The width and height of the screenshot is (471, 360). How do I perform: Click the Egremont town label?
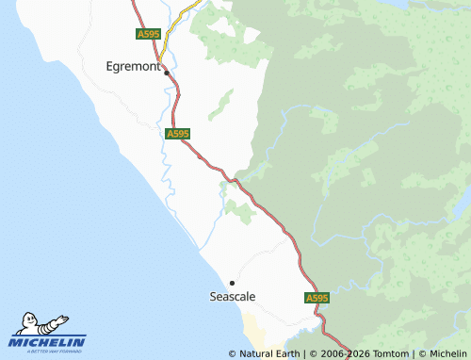[133, 67]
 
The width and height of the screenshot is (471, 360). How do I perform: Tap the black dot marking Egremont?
[167, 73]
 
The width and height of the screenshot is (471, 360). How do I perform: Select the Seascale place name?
[232, 296]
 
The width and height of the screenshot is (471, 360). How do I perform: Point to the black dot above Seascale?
[232, 283]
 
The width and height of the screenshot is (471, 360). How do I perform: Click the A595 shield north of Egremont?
[148, 34]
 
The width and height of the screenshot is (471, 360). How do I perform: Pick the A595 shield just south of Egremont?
[177, 134]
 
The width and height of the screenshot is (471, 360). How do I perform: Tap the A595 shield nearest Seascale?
[317, 298]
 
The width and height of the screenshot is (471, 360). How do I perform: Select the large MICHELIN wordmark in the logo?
[48, 342]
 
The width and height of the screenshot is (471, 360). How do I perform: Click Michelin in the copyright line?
[447, 354]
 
